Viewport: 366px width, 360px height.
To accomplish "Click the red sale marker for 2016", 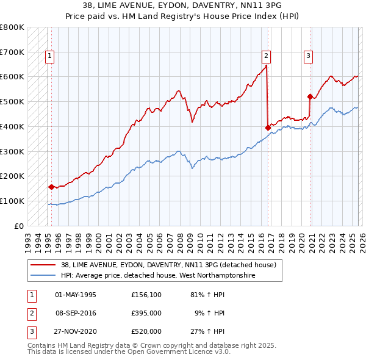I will click(x=268, y=127).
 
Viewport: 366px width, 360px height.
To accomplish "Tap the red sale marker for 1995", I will click(x=51, y=187).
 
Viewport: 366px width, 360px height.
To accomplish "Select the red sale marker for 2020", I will click(x=310, y=96).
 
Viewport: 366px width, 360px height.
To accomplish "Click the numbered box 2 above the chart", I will click(x=267, y=56).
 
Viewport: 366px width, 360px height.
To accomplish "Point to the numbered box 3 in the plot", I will click(x=309, y=56).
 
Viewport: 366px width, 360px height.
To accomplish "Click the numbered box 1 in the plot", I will click(x=49, y=56).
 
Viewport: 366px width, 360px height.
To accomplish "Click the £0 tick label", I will click(x=19, y=226).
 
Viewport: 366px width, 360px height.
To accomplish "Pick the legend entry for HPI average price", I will click(x=157, y=276).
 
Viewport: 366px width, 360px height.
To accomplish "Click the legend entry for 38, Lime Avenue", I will click(x=168, y=265).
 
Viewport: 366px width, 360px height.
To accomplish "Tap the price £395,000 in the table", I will click(x=146, y=313).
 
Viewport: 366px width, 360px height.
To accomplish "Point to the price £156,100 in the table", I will click(x=146, y=295).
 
